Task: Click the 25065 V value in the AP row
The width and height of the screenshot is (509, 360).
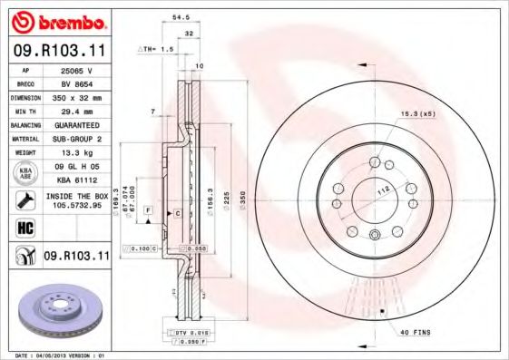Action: [78, 69]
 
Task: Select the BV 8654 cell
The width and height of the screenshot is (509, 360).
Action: [78, 83]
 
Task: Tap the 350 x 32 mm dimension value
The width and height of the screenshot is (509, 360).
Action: [78, 96]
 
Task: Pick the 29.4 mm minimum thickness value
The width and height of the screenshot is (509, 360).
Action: [78, 111]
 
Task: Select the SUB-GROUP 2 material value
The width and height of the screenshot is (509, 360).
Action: [78, 139]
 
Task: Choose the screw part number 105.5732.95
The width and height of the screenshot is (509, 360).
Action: [78, 205]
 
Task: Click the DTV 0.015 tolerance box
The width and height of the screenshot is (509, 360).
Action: [190, 333]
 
